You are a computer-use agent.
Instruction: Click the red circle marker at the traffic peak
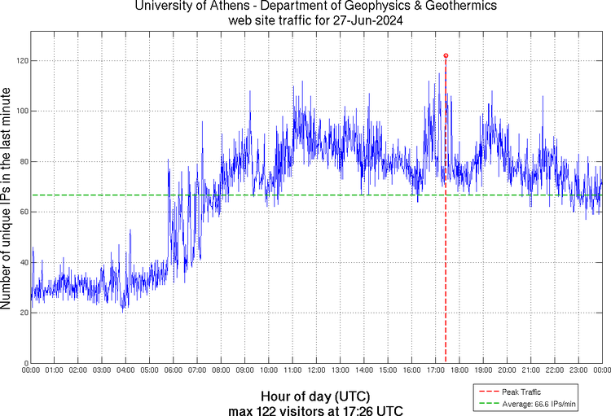[446, 55]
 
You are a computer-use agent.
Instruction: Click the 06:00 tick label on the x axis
[174, 370]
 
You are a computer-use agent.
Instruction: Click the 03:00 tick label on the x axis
[102, 370]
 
